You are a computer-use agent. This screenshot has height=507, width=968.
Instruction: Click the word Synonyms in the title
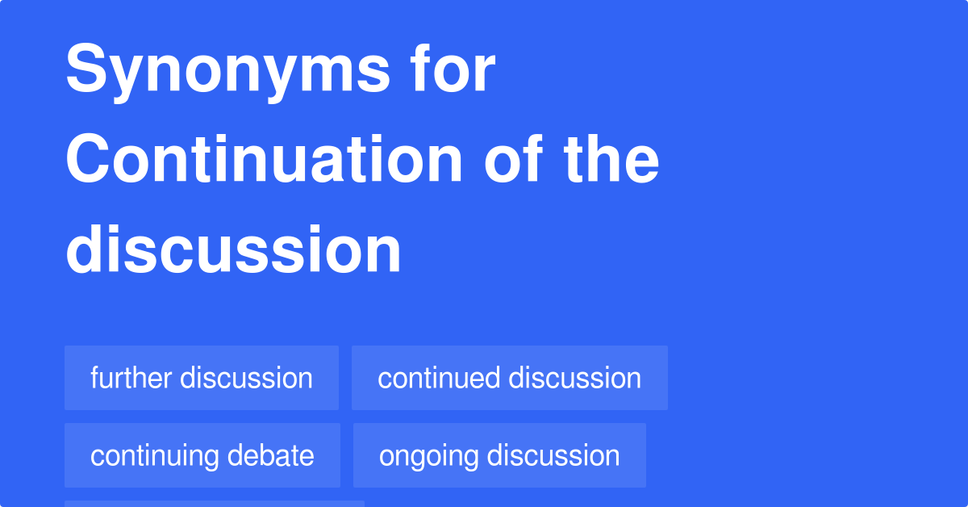tap(227, 72)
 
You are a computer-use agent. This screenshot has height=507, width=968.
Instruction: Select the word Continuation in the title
tap(264, 159)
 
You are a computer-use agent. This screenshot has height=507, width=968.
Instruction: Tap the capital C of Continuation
tap(87, 159)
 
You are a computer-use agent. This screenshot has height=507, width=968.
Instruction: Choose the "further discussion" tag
tap(202, 378)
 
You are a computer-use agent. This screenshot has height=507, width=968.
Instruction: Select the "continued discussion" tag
tap(510, 378)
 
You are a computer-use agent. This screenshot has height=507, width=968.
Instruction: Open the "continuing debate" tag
tap(202, 455)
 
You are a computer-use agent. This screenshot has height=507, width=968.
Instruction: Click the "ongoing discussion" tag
tap(499, 455)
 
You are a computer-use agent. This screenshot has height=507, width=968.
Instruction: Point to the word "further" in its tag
tap(131, 378)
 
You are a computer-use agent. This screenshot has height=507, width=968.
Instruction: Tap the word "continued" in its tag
tap(439, 378)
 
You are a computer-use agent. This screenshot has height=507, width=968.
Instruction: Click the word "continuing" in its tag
tap(154, 457)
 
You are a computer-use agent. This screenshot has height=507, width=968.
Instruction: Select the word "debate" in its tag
tap(270, 455)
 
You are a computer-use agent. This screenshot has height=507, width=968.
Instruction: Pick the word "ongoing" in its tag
tap(428, 457)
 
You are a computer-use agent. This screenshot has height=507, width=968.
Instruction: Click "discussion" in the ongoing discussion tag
tap(553, 455)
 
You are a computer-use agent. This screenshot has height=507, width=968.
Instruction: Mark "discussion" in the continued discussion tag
tap(575, 378)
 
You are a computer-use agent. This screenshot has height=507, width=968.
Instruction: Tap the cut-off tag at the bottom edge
tap(215, 504)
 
